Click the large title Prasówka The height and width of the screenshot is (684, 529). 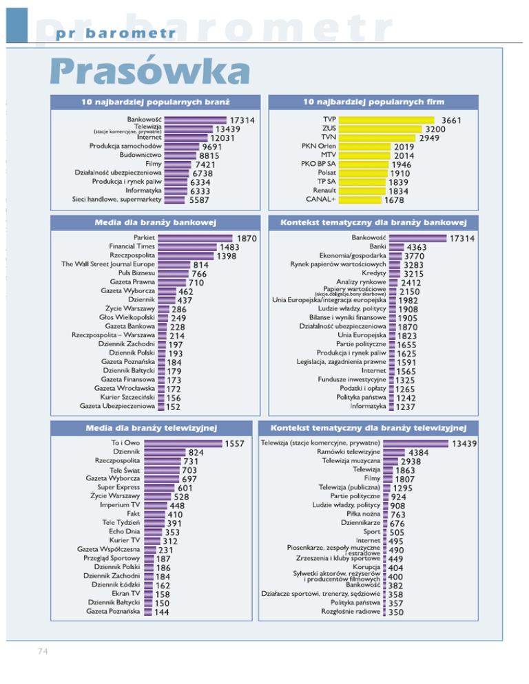(148, 72)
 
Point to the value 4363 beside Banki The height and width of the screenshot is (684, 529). (420, 248)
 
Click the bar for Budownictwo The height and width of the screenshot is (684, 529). (176, 156)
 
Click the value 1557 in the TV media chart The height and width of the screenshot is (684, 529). (235, 444)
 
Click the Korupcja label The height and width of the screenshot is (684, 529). (366, 568)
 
